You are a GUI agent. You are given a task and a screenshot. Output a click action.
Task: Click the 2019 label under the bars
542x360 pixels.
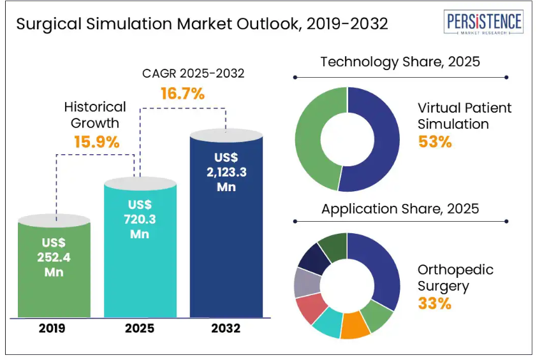52,329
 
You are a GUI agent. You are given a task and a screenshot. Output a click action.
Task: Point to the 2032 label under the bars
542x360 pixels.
226,329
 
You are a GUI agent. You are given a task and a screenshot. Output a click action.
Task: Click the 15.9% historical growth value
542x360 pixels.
97,141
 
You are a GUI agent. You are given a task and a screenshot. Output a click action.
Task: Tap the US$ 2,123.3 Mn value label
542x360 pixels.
226,171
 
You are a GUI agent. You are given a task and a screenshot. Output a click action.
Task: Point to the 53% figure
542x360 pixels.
435,141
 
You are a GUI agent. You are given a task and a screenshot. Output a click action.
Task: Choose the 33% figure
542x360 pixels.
435,303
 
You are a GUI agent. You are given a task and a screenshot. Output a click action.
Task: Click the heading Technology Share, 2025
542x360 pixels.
400,62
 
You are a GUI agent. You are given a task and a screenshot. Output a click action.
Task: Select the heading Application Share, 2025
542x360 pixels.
400,208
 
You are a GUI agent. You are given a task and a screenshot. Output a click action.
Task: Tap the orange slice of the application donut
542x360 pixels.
355,326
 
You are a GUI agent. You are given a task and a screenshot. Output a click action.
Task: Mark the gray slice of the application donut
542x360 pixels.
304,282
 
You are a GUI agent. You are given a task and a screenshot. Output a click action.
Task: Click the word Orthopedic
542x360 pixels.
455,270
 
